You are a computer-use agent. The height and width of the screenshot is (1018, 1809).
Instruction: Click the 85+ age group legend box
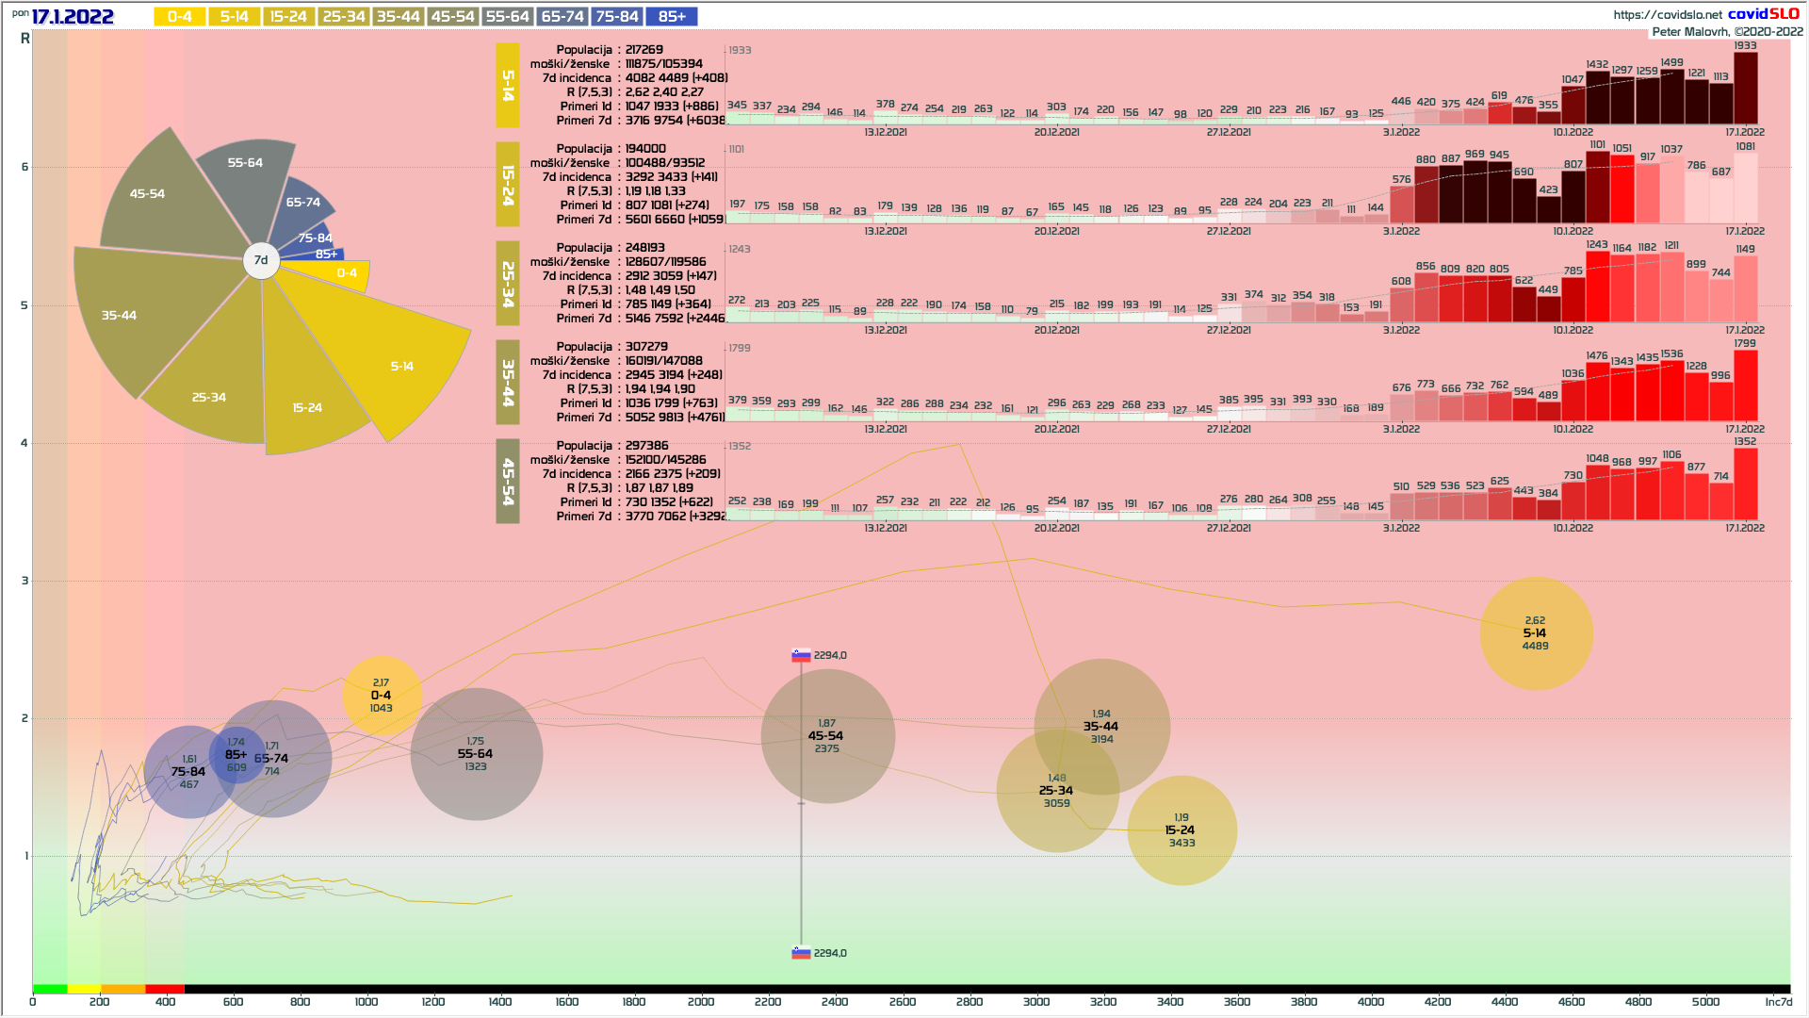[672, 17]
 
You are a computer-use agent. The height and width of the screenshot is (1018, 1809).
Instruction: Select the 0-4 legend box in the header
[179, 17]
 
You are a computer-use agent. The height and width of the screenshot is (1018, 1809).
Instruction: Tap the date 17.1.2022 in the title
[73, 17]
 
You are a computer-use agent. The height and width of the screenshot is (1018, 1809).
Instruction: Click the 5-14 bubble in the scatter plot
[1536, 633]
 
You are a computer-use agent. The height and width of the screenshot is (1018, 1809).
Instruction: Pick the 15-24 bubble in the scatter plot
[1182, 830]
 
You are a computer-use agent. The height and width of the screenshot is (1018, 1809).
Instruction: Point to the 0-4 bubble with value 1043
[381, 696]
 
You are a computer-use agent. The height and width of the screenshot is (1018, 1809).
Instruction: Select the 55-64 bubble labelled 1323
[476, 754]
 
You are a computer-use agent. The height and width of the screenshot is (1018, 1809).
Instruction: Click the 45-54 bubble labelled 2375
[827, 736]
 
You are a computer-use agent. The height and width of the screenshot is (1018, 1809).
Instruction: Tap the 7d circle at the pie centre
[261, 260]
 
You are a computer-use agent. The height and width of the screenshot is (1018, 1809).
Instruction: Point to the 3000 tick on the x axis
[1036, 1002]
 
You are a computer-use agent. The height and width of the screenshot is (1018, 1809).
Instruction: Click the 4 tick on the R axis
[24, 443]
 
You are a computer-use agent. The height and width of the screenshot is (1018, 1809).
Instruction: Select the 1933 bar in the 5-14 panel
[1745, 89]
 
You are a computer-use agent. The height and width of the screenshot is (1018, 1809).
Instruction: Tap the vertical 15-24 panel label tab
[508, 185]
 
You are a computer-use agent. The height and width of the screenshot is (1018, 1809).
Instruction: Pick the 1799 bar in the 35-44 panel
[1745, 385]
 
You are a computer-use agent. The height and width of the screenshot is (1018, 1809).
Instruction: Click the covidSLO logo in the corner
[1764, 14]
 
